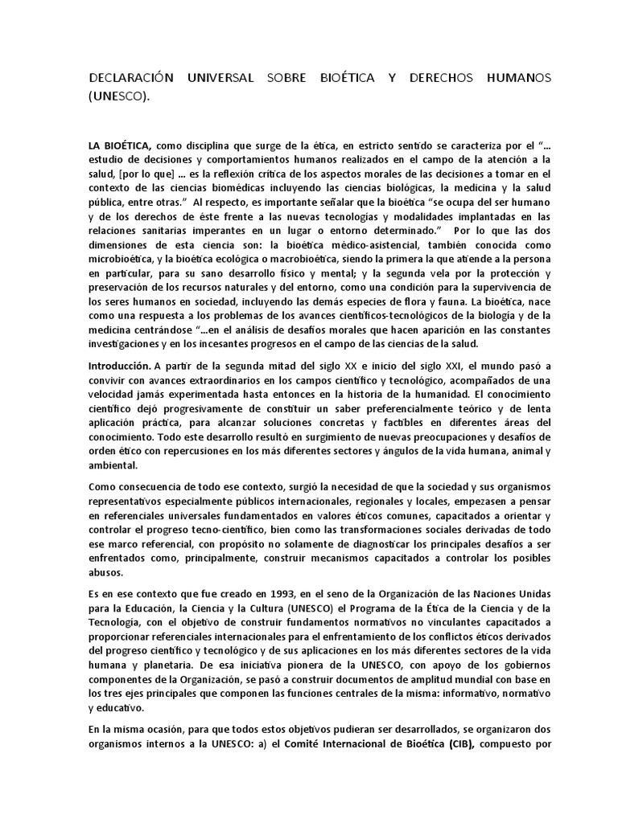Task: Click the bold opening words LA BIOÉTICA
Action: coord(120,146)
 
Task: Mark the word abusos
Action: coord(105,573)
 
